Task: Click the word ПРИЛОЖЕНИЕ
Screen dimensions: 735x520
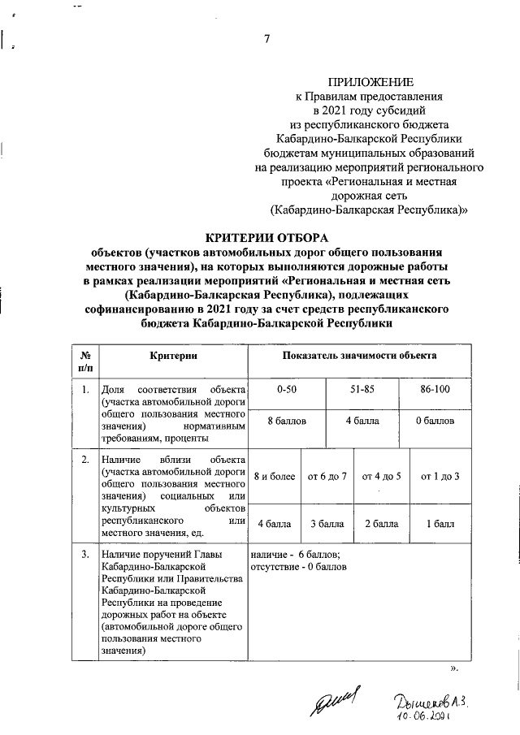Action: point(370,82)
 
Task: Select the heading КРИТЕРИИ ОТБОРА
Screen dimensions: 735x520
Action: point(267,238)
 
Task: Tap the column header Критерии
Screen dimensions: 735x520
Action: point(174,357)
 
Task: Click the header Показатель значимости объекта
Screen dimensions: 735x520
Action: point(359,357)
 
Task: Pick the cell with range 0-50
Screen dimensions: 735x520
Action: point(286,390)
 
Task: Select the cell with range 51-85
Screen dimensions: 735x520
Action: point(362,390)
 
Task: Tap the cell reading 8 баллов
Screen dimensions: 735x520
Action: point(286,422)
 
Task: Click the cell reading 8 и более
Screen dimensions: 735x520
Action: point(274,475)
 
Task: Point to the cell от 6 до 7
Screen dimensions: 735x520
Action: point(327,475)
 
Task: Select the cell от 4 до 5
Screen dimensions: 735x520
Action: point(382,475)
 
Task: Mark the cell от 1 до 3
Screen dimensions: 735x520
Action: point(439,475)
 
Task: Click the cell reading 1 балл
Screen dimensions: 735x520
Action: point(439,524)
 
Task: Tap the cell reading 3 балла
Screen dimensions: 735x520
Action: point(327,524)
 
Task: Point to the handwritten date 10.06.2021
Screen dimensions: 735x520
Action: point(423,717)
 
